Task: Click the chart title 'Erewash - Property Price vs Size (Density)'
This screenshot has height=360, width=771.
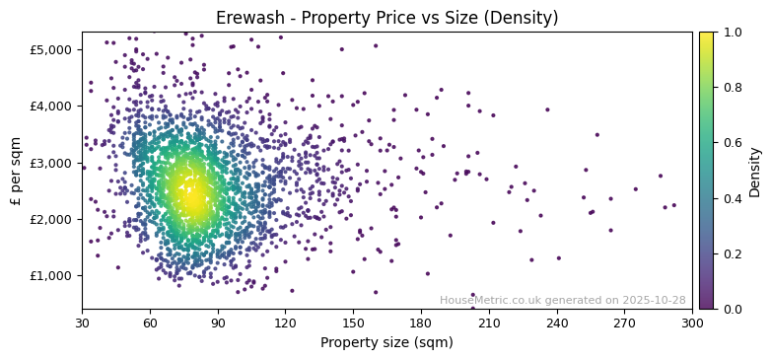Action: (386, 18)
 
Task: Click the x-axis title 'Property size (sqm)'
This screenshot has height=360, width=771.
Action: (386, 343)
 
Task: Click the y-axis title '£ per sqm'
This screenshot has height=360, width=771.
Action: (16, 171)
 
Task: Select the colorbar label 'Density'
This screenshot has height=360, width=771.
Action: (755, 171)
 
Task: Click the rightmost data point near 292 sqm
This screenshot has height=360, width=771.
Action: (674, 205)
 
